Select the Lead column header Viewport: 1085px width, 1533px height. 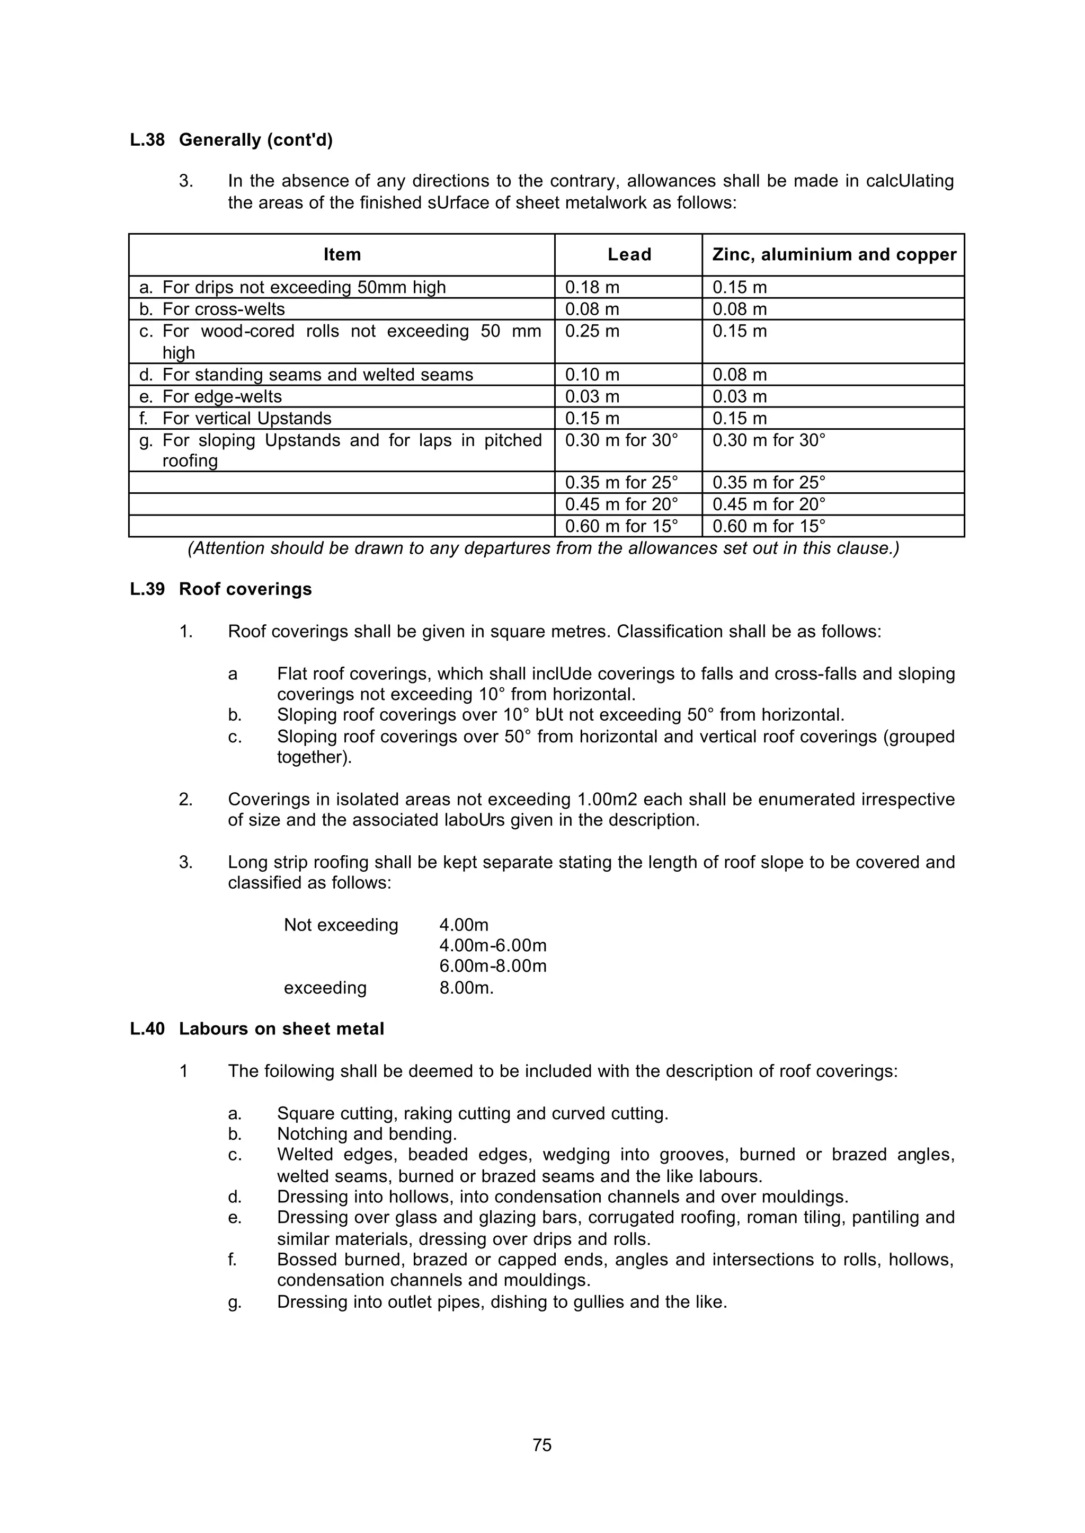pyautogui.click(x=629, y=254)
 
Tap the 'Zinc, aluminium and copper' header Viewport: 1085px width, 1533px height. pyautogui.click(x=834, y=254)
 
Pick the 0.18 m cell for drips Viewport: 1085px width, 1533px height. pyautogui.click(x=592, y=287)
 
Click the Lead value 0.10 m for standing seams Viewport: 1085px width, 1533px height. pyautogui.click(x=592, y=375)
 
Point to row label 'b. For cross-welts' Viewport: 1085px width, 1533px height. pyautogui.click(x=212, y=309)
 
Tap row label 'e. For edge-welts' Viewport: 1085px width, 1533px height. pyautogui.click(x=210, y=397)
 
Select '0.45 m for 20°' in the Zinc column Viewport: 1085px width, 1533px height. pyautogui.click(x=768, y=504)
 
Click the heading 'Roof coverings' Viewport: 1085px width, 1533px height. pyautogui.click(x=245, y=589)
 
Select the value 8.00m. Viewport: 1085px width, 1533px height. pyautogui.click(x=466, y=988)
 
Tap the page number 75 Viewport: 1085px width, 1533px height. pyautogui.click(x=542, y=1446)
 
